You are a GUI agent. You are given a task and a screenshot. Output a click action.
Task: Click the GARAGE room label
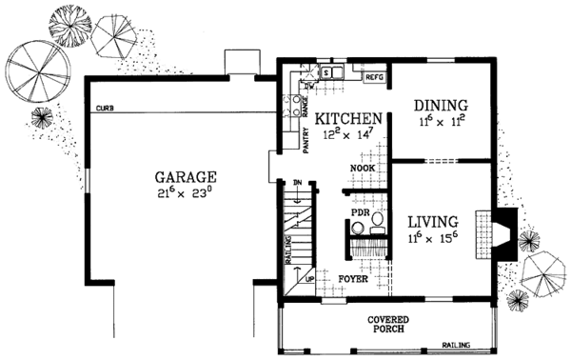[186, 177]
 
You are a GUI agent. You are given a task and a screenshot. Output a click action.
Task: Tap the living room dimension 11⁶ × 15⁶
[433, 237]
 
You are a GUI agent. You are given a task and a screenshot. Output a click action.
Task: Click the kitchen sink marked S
[325, 71]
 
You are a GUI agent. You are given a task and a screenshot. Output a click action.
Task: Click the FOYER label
[355, 280]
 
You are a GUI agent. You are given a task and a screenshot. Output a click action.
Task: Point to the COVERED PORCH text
[387, 328]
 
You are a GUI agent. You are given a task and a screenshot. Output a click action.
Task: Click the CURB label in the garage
[105, 110]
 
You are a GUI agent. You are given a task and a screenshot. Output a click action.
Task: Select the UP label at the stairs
[309, 279]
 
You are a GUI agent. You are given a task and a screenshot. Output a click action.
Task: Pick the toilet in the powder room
[377, 222]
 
